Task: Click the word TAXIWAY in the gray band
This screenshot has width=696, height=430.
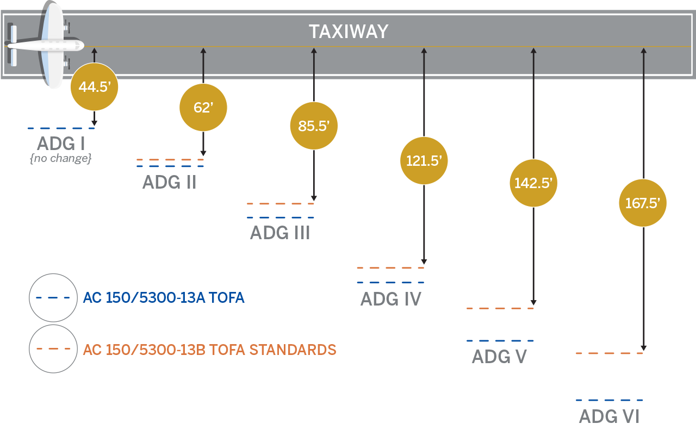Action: pyautogui.click(x=349, y=32)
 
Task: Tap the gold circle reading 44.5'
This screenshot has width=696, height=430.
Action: pyautogui.click(x=94, y=87)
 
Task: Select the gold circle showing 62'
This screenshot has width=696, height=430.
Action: pyautogui.click(x=203, y=108)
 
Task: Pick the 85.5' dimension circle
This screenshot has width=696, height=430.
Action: pyautogui.click(x=314, y=126)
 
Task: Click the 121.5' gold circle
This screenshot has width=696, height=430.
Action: pyautogui.click(x=424, y=161)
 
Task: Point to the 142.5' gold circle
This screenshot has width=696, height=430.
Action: pyautogui.click(x=533, y=183)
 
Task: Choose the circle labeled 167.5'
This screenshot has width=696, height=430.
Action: pyautogui.click(x=643, y=203)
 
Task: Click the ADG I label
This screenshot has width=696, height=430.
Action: pyautogui.click(x=61, y=144)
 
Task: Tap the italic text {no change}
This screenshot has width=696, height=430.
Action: pyautogui.click(x=61, y=159)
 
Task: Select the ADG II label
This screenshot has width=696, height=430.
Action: pyautogui.click(x=169, y=182)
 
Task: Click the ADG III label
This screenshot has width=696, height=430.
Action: pyautogui.click(x=280, y=233)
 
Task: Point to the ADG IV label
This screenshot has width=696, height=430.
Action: pyautogui.click(x=390, y=299)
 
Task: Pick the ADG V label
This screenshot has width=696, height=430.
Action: pyautogui.click(x=499, y=357)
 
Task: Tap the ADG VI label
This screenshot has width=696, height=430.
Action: pyautogui.click(x=609, y=416)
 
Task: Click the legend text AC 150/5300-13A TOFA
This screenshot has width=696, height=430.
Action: pyautogui.click(x=164, y=298)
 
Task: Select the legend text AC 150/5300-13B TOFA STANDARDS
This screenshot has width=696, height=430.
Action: pyautogui.click(x=209, y=350)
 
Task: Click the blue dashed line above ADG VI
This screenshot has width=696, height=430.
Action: pyautogui.click(x=609, y=400)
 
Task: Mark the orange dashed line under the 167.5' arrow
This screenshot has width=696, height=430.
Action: pyautogui.click(x=609, y=353)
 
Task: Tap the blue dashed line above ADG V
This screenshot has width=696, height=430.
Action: pyautogui.click(x=500, y=341)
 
